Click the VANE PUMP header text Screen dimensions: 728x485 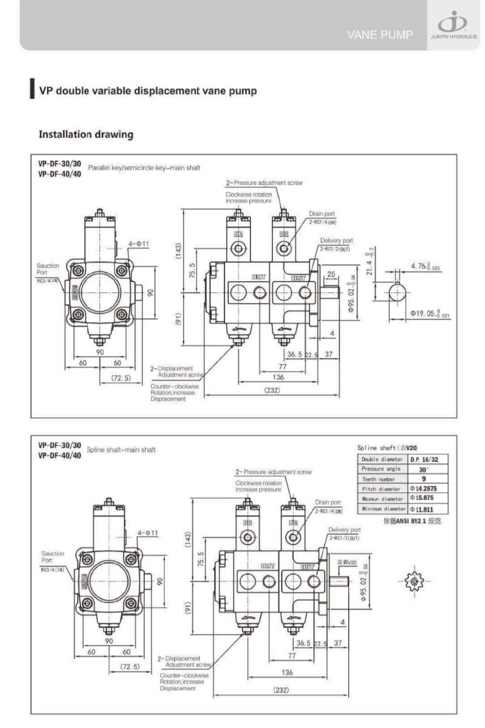point(380,35)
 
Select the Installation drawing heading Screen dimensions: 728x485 point(86,134)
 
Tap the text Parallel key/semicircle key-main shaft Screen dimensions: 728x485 point(144,168)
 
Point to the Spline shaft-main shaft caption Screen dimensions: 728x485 point(121,450)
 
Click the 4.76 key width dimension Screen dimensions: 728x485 point(425,267)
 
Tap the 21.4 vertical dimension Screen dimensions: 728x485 point(370,262)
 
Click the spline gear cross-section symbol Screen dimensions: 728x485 point(414,582)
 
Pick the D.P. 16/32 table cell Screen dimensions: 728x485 point(428,460)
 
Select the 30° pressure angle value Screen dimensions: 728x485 point(424,469)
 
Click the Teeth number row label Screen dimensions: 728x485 point(379,479)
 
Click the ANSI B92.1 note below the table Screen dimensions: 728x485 point(412,521)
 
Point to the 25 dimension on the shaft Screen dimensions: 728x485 point(331,274)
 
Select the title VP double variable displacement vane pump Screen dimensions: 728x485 point(148,91)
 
